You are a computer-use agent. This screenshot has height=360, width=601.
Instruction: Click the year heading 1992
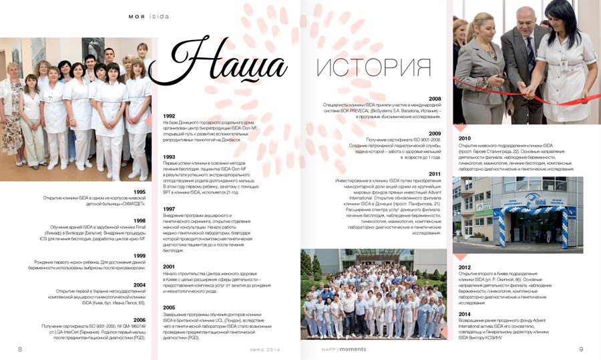[169, 116]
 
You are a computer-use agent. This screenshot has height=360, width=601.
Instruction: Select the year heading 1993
[169, 157]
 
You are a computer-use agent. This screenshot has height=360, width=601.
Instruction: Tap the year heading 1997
[169, 208]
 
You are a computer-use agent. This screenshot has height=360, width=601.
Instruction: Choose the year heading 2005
[169, 307]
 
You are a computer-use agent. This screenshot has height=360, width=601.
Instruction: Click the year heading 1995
[140, 192]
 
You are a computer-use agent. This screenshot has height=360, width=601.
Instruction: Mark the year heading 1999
[140, 256]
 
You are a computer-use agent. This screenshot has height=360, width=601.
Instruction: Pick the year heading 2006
[140, 320]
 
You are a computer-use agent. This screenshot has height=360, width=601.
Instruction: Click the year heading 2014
[464, 314]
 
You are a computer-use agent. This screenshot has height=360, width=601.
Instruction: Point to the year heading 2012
[464, 267]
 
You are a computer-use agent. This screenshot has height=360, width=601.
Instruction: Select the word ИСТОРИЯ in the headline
[373, 67]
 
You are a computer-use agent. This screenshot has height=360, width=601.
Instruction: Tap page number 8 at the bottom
[20, 349]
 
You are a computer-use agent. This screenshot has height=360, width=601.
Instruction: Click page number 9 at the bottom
[581, 349]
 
